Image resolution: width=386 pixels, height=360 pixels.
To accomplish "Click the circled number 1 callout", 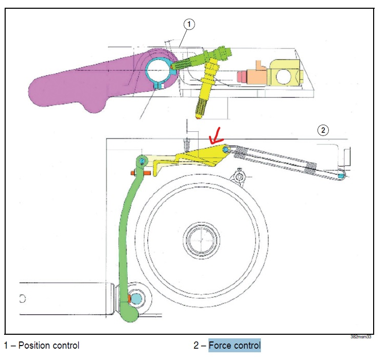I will click(x=189, y=24).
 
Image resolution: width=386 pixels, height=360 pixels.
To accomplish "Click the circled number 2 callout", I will click(x=323, y=130).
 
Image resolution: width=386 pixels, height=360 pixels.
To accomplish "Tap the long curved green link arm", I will click(x=126, y=232).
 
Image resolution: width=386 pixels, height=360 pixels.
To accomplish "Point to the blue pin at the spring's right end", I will click(x=341, y=175).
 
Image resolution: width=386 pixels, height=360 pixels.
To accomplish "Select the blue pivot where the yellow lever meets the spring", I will click(x=227, y=149).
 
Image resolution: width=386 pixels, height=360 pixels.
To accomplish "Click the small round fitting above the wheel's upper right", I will click(x=239, y=178).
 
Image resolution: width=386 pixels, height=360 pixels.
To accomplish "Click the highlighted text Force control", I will click(x=235, y=345).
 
